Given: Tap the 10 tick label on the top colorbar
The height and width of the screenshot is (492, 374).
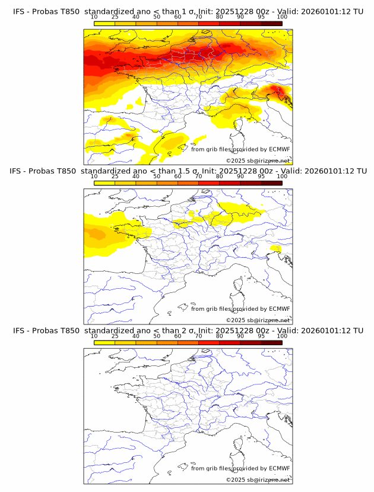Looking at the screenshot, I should pos(94,17).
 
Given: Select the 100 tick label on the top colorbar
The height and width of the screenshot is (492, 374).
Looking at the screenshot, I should pos(282,17).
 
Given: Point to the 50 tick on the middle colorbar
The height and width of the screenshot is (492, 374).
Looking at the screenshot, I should pos(157,176).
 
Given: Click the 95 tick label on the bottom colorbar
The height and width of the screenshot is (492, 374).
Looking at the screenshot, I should pos(262,336).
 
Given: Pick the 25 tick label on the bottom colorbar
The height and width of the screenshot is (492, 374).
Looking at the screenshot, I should pos(115,336).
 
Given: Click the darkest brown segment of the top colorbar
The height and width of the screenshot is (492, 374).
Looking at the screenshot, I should pos(271,23).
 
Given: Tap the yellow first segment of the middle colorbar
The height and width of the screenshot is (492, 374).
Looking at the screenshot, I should pos(104,182).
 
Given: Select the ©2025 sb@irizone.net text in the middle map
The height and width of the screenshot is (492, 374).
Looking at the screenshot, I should pos(258,320).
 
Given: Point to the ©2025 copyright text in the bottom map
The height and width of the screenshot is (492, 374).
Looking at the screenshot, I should pos(258,480).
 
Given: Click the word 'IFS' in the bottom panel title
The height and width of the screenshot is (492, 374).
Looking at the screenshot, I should pos(20,330).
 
